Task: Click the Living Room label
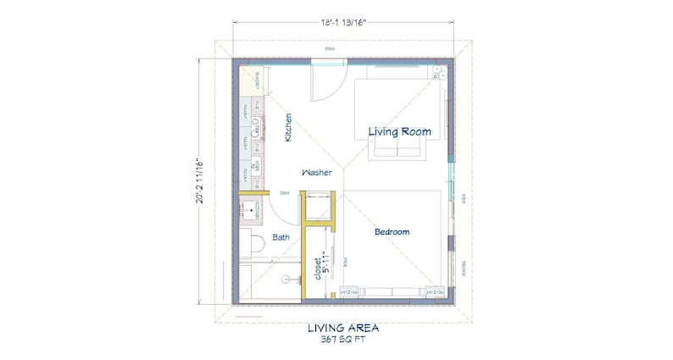(399, 131)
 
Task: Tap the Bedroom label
(392, 231)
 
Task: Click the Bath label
(281, 239)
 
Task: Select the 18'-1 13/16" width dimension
(342, 24)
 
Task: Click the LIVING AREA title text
(342, 327)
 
